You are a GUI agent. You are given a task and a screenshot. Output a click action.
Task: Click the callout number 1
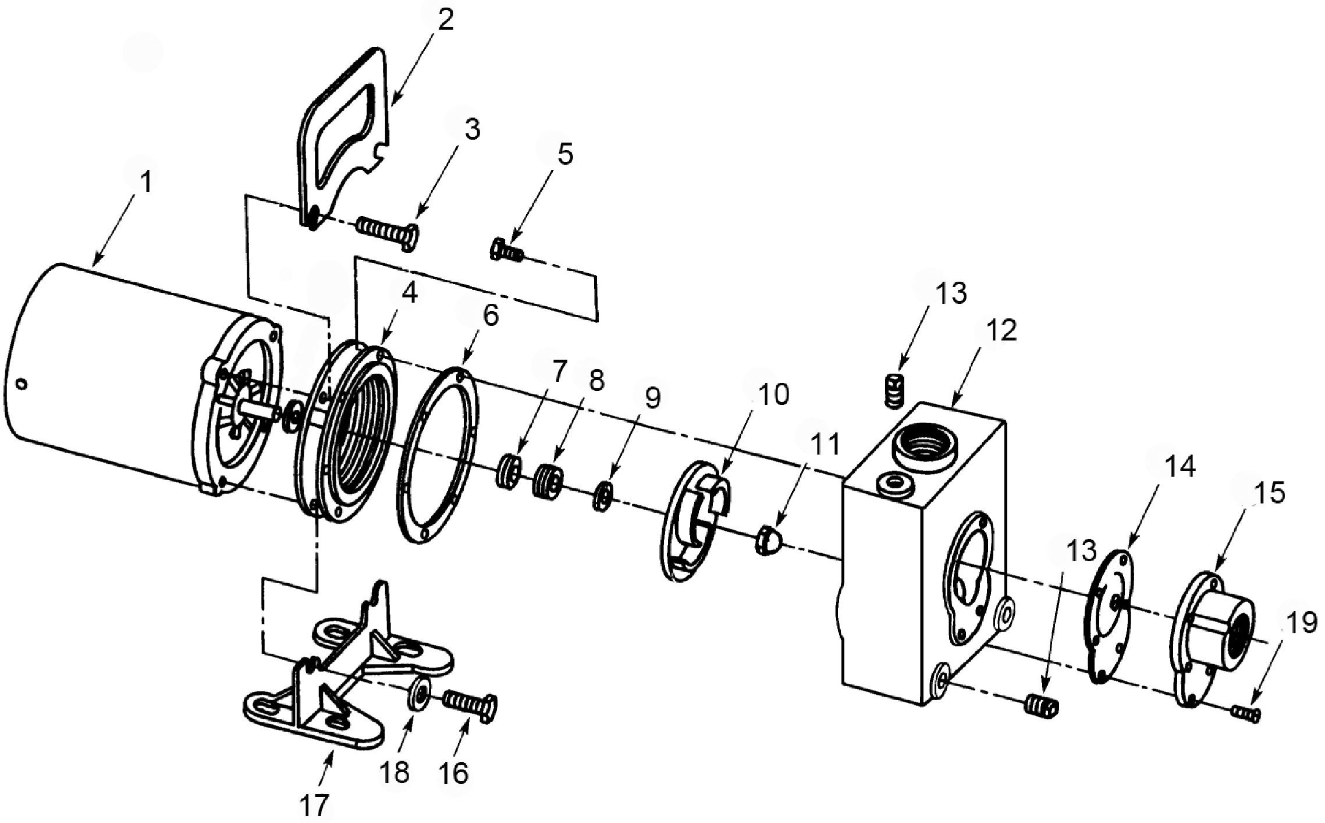click(146, 182)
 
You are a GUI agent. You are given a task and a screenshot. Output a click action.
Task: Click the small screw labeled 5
click(508, 250)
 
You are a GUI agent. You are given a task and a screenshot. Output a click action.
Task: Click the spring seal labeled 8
click(549, 479)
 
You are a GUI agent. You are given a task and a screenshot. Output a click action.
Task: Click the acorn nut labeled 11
click(769, 540)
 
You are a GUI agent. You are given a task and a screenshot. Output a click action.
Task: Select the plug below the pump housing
click(1041, 705)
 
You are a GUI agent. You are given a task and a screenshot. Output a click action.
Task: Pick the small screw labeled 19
click(1245, 713)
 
